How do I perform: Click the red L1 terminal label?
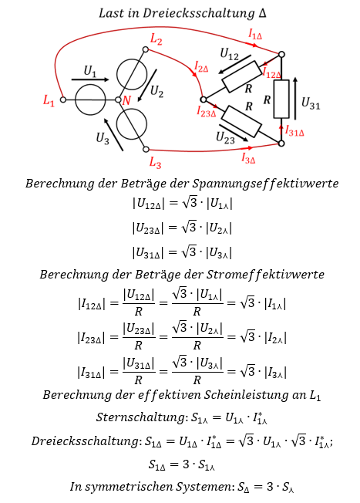(x=49, y=101)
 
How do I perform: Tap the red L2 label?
(x=156, y=39)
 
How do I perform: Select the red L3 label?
(x=155, y=162)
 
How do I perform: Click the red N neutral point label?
(x=126, y=100)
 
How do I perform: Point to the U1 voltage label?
(x=89, y=71)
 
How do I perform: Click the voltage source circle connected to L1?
(x=90, y=100)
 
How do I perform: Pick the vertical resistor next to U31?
(x=281, y=99)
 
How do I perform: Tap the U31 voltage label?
(x=311, y=103)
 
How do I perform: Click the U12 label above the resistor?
(x=229, y=54)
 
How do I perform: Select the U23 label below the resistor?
(x=225, y=138)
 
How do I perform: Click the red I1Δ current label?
(x=255, y=34)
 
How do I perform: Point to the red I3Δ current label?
(x=248, y=158)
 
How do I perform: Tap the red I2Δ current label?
(x=201, y=66)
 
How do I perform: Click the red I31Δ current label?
(x=294, y=131)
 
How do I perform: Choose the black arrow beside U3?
(x=113, y=134)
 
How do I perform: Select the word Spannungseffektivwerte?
(x=265, y=184)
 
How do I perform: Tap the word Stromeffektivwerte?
(x=265, y=275)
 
